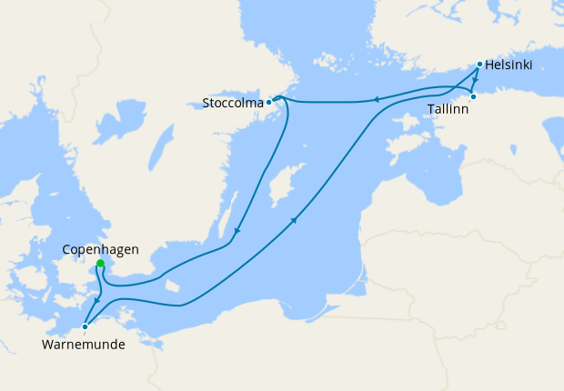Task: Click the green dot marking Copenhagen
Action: (100, 264)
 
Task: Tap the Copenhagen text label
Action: (100, 248)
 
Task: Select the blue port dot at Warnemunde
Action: (85, 326)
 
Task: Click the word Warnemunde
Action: (83, 345)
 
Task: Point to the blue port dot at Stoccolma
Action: (268, 102)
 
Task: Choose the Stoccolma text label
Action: (233, 103)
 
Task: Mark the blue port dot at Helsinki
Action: (479, 65)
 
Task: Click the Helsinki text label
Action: (509, 65)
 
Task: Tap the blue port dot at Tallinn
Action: (473, 96)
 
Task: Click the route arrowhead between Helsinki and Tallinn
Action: (475, 81)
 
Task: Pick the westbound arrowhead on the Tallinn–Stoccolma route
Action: (376, 100)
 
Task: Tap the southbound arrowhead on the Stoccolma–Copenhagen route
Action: (237, 231)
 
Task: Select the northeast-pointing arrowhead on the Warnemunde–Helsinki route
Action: (295, 219)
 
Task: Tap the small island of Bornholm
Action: (175, 285)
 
